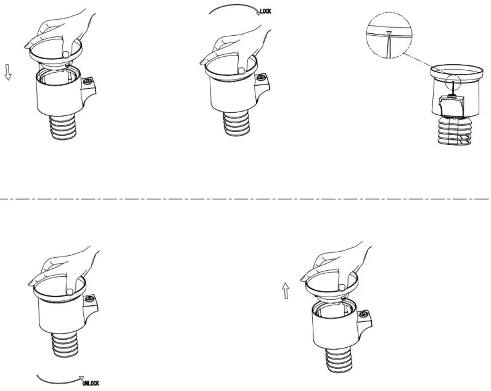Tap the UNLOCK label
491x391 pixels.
tap(90, 383)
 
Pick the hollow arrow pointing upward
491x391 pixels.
tap(286, 290)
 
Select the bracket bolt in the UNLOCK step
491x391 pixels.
tap(91, 299)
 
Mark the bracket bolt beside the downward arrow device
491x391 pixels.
tap(88, 82)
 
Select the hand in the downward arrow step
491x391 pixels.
tap(62, 34)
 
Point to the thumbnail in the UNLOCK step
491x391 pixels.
tap(70, 290)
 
